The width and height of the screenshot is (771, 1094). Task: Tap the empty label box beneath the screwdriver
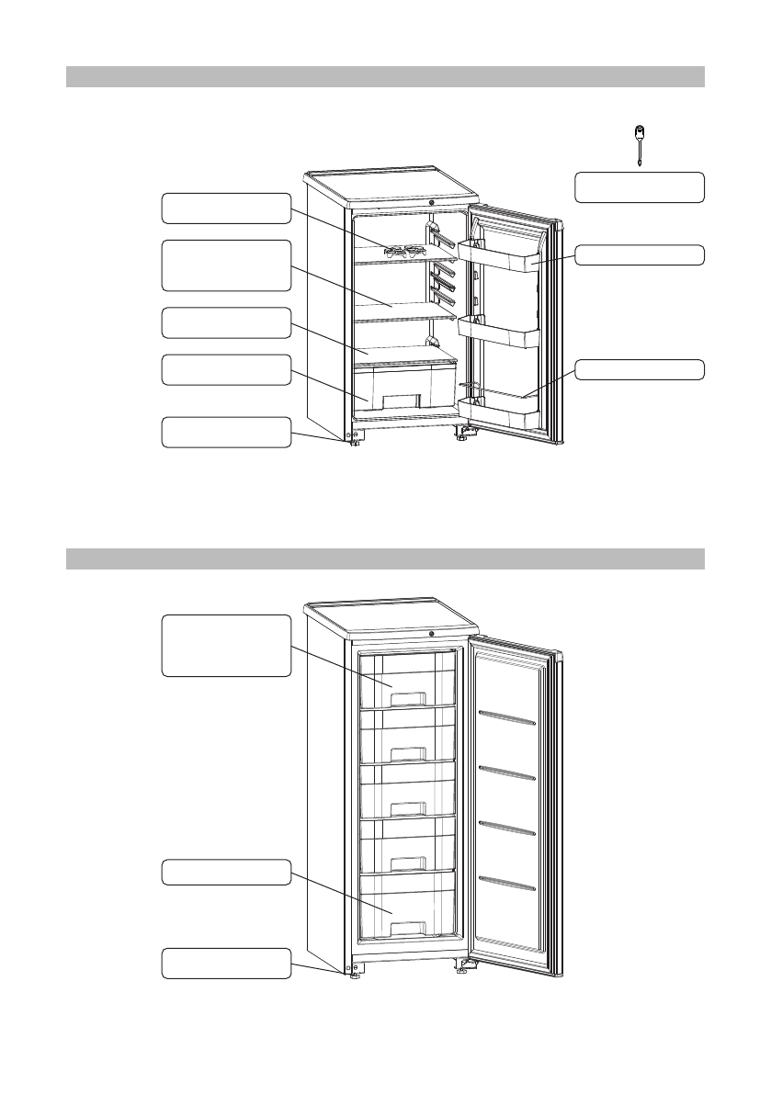click(640, 186)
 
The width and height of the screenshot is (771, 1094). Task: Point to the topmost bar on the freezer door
click(507, 718)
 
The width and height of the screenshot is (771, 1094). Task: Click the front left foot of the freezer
click(354, 976)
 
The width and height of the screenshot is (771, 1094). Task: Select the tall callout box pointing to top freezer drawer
click(226, 646)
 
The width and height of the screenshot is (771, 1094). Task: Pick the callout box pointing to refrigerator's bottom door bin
click(640, 369)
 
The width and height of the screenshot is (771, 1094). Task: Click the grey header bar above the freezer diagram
click(385, 558)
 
